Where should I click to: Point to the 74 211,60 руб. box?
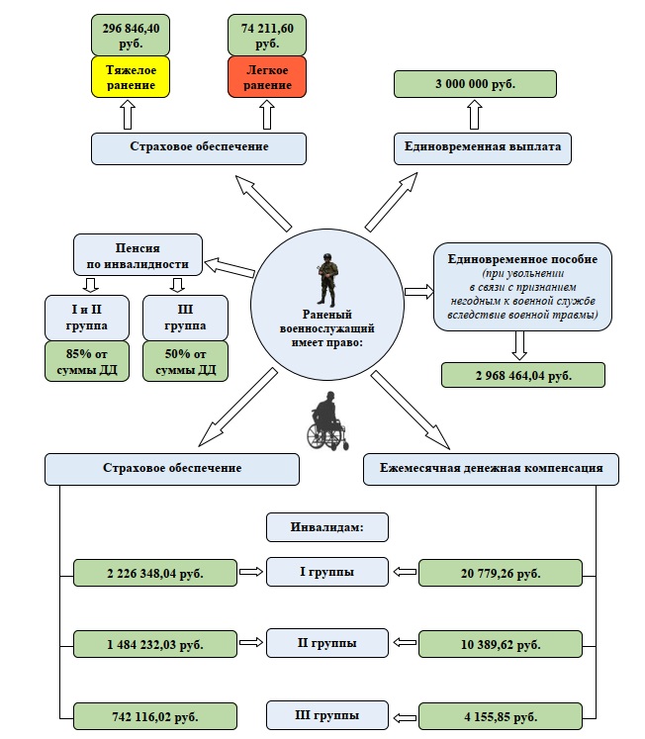coord(267,34)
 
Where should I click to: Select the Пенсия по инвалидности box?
coord(138,254)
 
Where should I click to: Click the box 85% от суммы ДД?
coord(88,361)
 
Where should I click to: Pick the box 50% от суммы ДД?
coord(185,361)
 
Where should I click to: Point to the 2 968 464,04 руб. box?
coord(522,375)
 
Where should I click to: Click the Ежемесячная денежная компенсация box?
coord(491,468)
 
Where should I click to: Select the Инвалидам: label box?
coord(327,526)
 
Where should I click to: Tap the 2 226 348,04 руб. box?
coord(155,573)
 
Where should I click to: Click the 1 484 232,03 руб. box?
coord(155,645)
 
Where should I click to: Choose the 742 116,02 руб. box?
coord(155,715)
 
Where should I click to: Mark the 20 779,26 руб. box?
coord(501,573)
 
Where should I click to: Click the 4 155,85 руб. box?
coord(501,715)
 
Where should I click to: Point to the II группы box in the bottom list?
coord(327,644)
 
